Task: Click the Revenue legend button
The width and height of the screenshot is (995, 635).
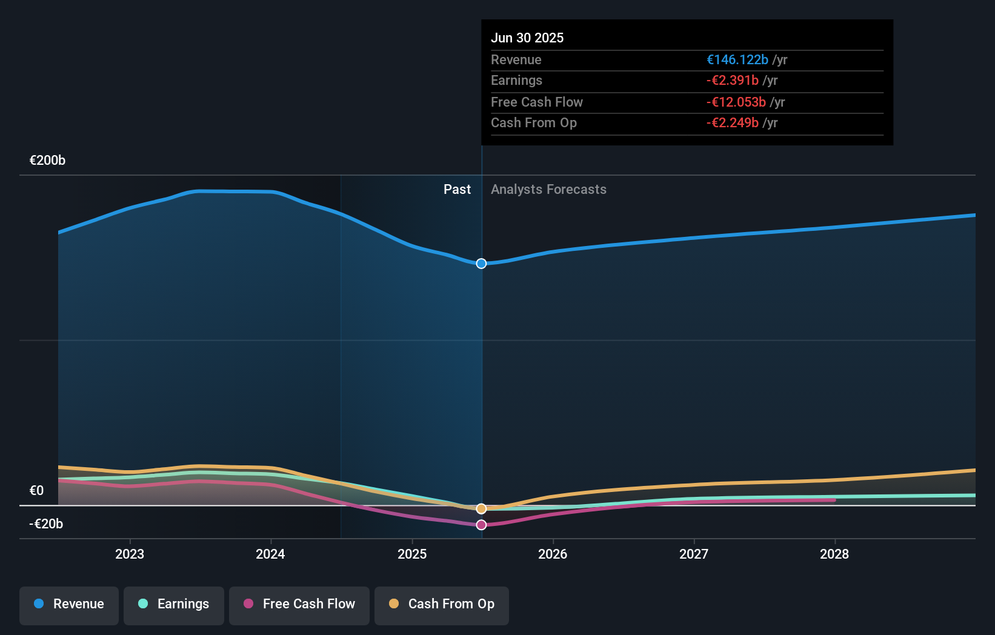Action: point(69,604)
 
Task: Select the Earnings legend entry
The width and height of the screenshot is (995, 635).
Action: point(174,604)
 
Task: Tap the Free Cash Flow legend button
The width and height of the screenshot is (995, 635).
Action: point(299,604)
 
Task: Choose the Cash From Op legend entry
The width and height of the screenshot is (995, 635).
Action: point(442,604)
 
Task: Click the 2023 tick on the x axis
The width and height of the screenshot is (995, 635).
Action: point(130,554)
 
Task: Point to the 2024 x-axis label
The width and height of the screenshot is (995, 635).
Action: point(270,554)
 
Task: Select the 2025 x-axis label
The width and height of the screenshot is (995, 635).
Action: point(412,554)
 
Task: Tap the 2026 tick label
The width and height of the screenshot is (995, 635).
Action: point(553,554)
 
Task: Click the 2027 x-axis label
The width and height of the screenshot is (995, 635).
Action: point(694,554)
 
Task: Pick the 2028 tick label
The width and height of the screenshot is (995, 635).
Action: point(834,554)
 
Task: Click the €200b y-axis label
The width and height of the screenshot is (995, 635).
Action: point(47,161)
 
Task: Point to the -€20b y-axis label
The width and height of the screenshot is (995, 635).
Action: point(46,524)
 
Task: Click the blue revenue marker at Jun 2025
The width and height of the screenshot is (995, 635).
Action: point(481,264)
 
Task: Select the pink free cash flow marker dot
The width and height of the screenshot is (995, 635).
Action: point(481,525)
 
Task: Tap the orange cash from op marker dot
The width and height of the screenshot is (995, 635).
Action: point(481,508)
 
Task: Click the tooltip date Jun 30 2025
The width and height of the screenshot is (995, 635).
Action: point(527,38)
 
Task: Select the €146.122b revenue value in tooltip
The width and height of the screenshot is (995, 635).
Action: point(737,59)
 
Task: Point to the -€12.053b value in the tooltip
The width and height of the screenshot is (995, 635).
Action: point(736,102)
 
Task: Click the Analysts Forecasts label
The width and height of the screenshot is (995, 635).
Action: point(548,189)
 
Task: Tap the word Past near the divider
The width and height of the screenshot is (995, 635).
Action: point(457,189)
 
